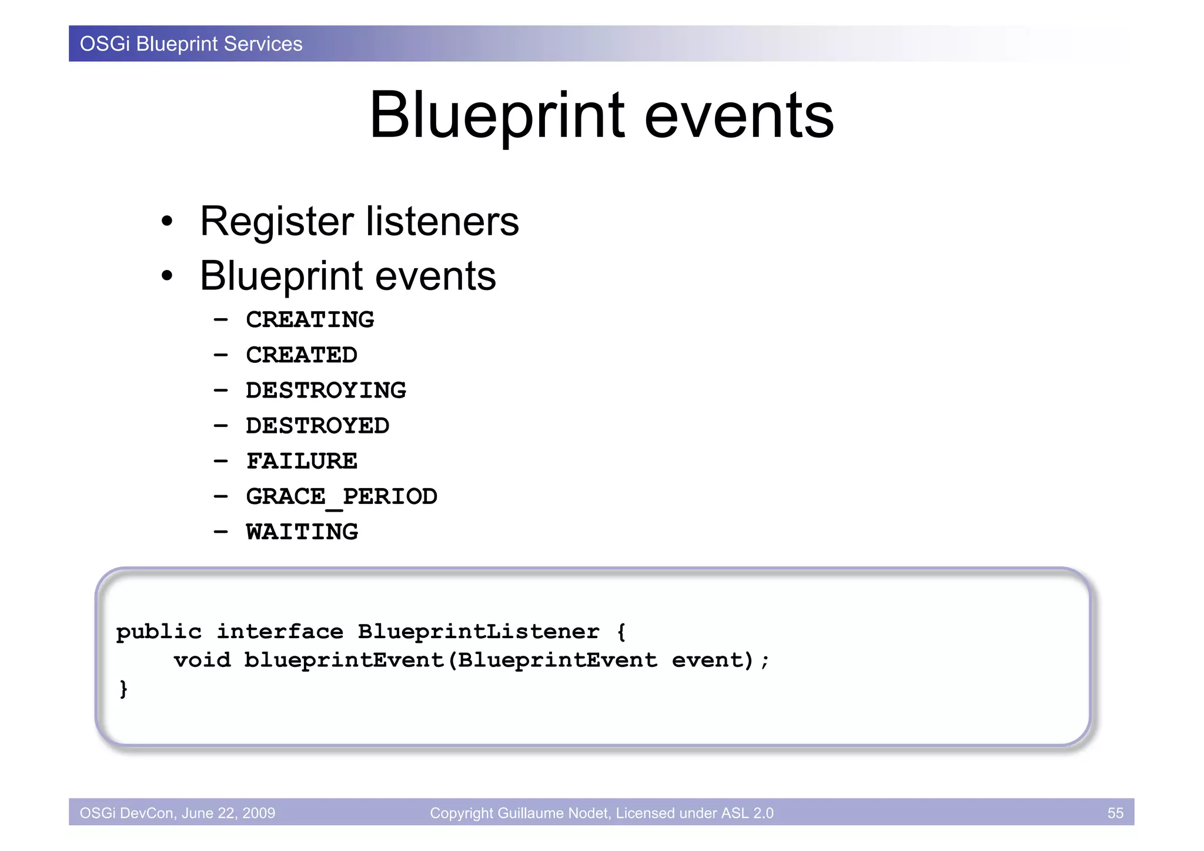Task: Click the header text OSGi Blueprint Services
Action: (191, 44)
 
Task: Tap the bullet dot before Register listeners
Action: (168, 222)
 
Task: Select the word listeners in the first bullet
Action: (442, 222)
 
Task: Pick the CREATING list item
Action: (310, 320)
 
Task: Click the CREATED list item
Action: (302, 355)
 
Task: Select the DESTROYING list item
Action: (326, 391)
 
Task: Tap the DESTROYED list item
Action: (317, 426)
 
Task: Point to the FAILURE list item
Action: (302, 461)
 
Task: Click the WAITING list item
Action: (302, 532)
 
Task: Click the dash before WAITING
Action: (220, 532)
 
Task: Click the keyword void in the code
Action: (202, 660)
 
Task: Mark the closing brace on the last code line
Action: (123, 688)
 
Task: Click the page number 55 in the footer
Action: (1115, 813)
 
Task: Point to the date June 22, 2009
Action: (228, 813)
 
